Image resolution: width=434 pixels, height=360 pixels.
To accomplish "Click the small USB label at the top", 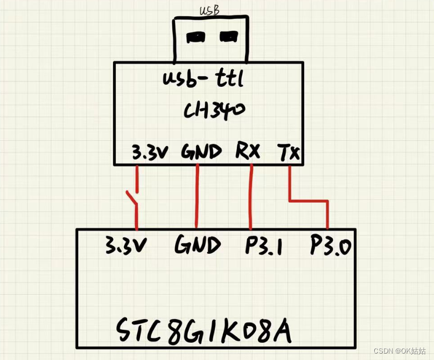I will tap(209, 10).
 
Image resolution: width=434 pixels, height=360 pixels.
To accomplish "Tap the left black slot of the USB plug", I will tap(195, 37).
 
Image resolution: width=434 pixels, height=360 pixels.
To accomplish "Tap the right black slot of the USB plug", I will tap(228, 37).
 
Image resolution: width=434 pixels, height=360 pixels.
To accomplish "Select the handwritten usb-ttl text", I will tap(204, 81).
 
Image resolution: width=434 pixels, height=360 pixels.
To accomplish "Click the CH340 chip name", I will tap(214, 112).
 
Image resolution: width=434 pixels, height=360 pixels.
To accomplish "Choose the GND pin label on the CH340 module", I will tap(201, 152).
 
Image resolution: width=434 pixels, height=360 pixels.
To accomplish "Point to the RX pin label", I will tap(248, 151).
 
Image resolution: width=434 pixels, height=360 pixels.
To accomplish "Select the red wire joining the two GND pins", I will tap(197, 197).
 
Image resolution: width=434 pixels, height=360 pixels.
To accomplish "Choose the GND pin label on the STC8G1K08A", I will tap(197, 246).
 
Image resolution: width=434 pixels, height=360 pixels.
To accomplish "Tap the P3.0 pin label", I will tap(331, 246).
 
